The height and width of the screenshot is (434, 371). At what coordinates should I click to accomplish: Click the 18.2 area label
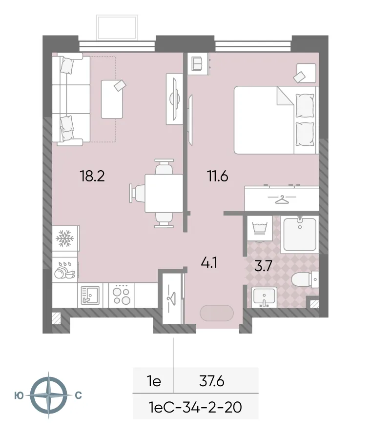(92, 176)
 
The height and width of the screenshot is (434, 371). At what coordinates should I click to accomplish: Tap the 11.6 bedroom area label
(217, 176)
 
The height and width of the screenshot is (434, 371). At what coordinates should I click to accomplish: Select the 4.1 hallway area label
(209, 263)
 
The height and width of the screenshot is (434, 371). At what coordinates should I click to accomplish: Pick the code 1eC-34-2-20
(195, 406)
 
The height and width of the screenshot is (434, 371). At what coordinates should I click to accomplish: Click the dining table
(164, 193)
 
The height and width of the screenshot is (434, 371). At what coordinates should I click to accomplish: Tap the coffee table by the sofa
(112, 99)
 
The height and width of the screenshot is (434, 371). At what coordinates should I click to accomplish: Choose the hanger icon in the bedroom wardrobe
(282, 199)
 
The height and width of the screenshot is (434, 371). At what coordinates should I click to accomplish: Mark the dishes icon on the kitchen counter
(64, 270)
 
